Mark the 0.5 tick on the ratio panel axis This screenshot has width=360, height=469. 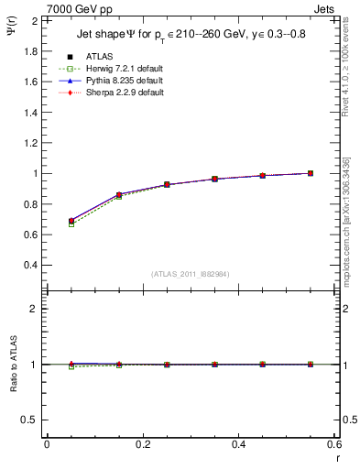tap(30, 420)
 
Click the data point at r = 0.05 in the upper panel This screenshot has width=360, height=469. tap(71, 221)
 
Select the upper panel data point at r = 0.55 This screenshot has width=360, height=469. tap(311, 173)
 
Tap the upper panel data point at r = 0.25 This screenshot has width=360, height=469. tap(167, 184)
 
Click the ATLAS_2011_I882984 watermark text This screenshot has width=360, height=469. tap(189, 274)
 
